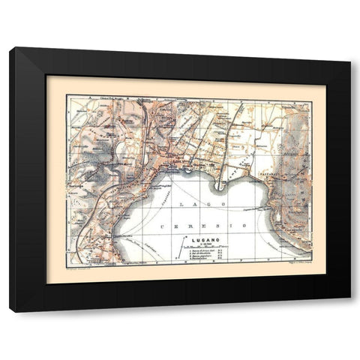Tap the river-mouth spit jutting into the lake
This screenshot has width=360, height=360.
(220, 184)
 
